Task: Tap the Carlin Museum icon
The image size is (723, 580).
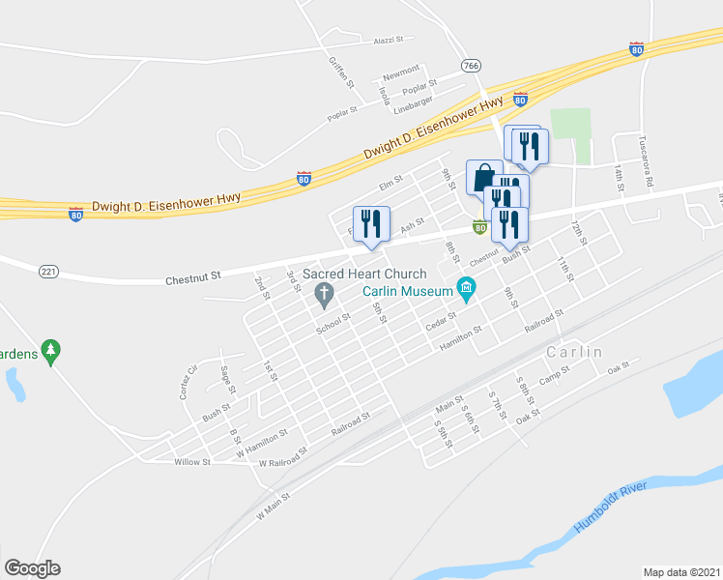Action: click(467, 288)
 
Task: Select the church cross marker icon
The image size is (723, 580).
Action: click(326, 293)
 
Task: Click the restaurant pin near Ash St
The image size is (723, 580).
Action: click(371, 223)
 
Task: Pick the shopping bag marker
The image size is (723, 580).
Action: click(483, 178)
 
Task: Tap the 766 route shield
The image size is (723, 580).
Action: click(471, 66)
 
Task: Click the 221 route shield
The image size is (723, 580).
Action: click(49, 272)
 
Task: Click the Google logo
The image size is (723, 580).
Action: click(32, 568)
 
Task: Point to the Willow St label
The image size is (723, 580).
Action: click(192, 462)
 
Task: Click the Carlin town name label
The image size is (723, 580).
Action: click(574, 352)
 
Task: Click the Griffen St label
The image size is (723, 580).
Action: click(337, 70)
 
